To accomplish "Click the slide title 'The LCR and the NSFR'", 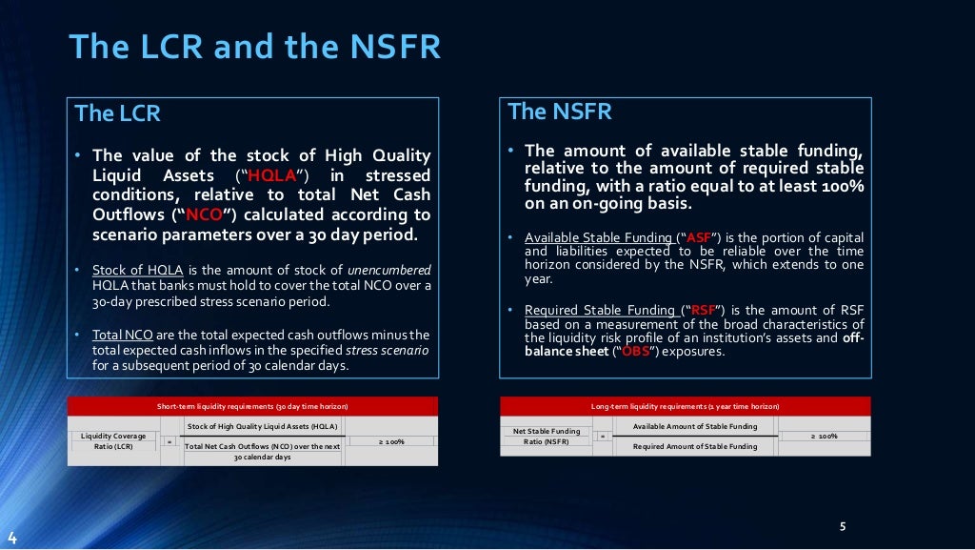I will pyautogui.click(x=256, y=47).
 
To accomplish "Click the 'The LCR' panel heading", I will pyautogui.click(x=117, y=113).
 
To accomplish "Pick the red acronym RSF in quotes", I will pyautogui.click(x=704, y=310).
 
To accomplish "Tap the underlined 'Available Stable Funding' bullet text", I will pyautogui.click(x=599, y=237).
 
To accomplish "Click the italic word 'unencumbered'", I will pyautogui.click(x=388, y=270).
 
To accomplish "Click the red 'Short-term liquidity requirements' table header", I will pyautogui.click(x=252, y=406).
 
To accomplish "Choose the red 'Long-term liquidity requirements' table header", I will pyautogui.click(x=685, y=406).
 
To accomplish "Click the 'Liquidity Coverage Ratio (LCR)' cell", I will pyautogui.click(x=113, y=441).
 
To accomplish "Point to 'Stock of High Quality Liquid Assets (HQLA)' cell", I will pyautogui.click(x=262, y=426).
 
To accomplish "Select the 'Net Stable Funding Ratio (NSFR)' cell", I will pyautogui.click(x=546, y=437).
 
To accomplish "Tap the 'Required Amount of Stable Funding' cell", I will pyautogui.click(x=695, y=446).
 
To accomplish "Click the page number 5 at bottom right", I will pyautogui.click(x=843, y=526).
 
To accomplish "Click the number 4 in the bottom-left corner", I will pyautogui.click(x=11, y=538).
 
